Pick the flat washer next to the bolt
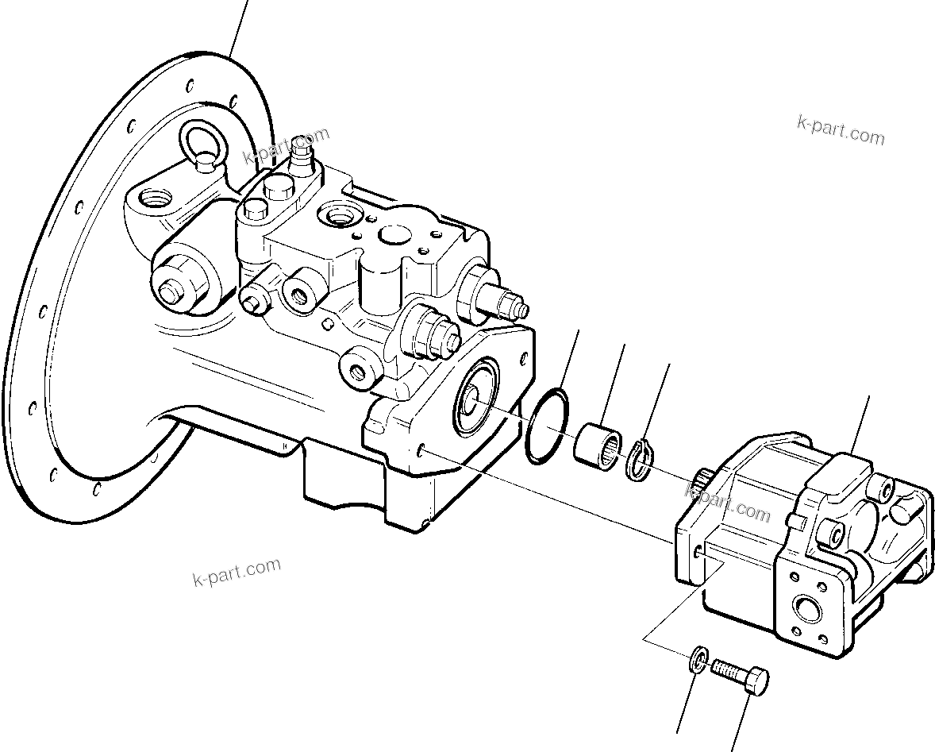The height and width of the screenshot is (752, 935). click(x=697, y=659)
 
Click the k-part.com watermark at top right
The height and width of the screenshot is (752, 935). click(x=841, y=130)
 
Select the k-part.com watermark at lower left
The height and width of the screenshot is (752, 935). click(x=237, y=571)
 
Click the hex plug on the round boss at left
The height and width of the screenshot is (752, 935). click(x=171, y=293)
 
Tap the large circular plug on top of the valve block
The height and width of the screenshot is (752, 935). click(x=394, y=236)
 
